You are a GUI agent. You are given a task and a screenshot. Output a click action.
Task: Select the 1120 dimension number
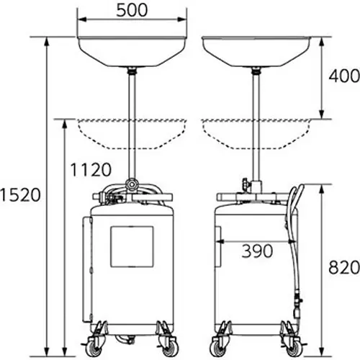91,170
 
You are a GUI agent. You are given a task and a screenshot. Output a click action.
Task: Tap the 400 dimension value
343,75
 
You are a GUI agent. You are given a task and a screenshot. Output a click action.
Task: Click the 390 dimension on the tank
256,251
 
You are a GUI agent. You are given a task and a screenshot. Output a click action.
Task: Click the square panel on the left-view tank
132,247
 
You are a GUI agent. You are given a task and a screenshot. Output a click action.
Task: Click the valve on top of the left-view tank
132,185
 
